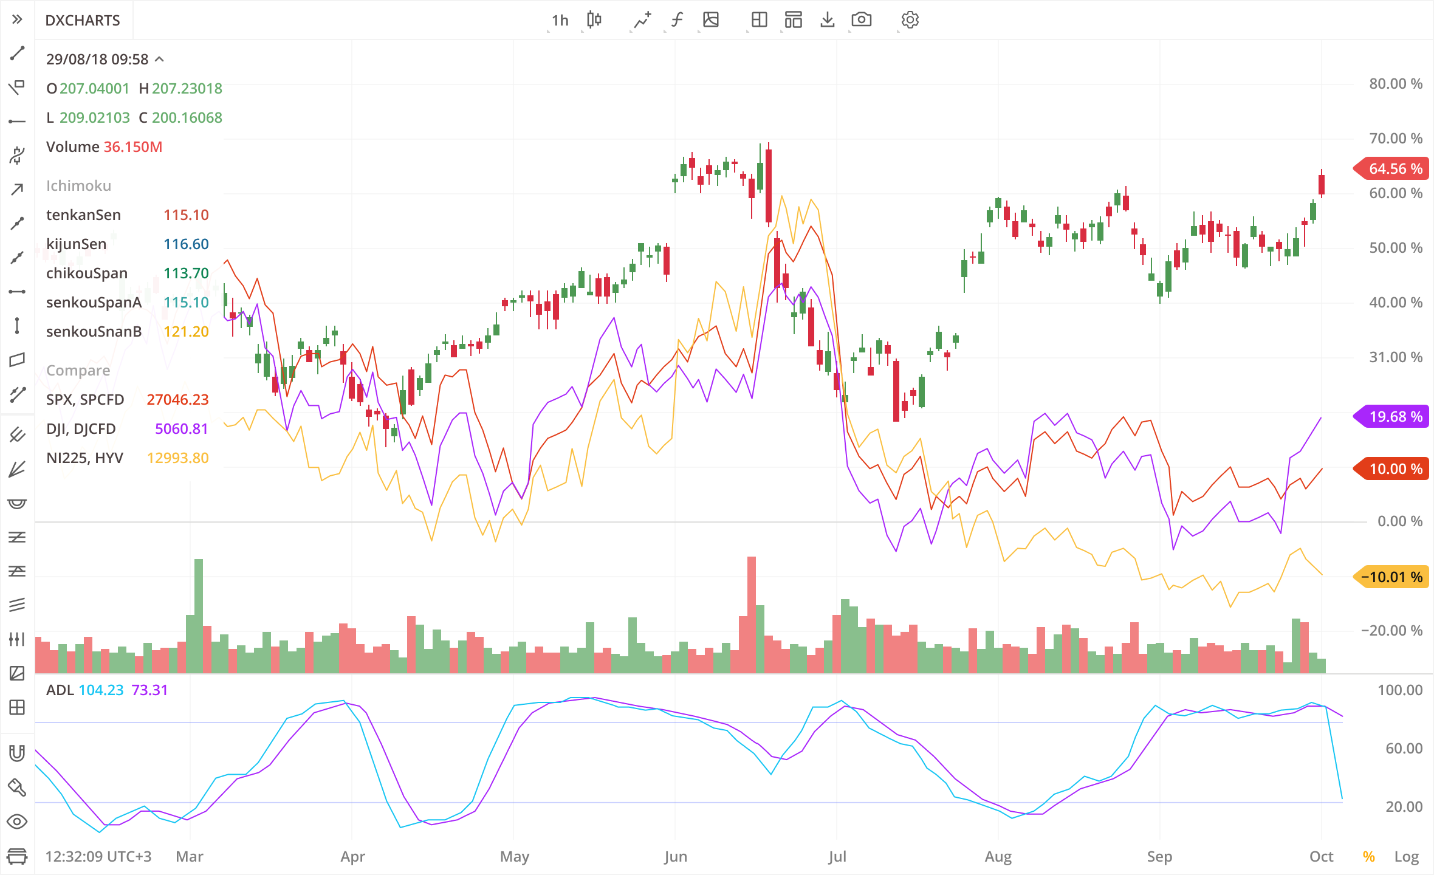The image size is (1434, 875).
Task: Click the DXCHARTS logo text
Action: (x=83, y=21)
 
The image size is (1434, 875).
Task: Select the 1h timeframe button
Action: (x=560, y=21)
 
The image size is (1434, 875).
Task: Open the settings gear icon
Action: (x=910, y=20)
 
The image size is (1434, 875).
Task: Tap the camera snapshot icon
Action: (x=861, y=20)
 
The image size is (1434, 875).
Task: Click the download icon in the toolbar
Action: (x=827, y=20)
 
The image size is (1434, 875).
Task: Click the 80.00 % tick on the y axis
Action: (x=1395, y=84)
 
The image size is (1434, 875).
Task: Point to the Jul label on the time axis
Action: (x=837, y=857)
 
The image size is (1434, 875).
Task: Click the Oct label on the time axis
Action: (x=1321, y=857)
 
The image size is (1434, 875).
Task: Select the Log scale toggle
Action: (x=1406, y=857)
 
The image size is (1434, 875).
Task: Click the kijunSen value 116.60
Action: (x=186, y=244)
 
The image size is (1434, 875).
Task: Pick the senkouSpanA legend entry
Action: (x=94, y=303)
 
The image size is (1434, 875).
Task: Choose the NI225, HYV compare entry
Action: (x=84, y=458)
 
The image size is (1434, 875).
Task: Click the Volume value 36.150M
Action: (x=133, y=147)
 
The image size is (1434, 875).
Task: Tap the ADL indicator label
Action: (x=60, y=690)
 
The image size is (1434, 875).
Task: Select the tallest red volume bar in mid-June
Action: (x=752, y=614)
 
